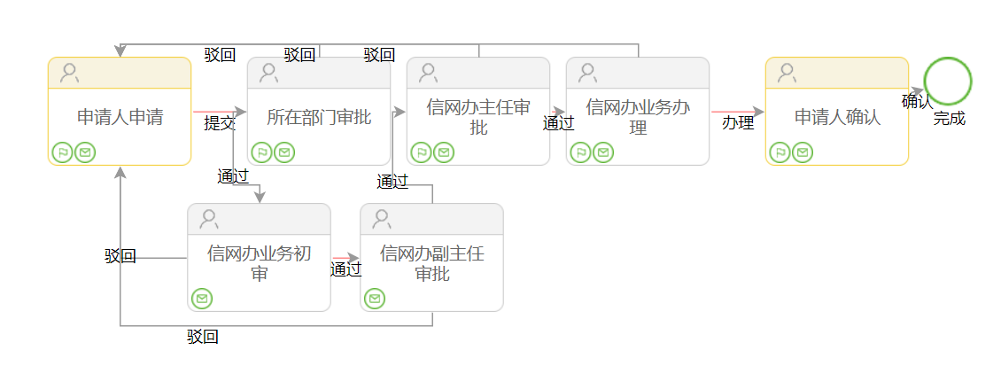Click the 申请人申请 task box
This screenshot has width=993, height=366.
point(120,117)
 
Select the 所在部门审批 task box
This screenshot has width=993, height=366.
point(319,117)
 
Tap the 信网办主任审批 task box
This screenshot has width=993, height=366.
point(478,117)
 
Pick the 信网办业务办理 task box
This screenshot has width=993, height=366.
point(638,117)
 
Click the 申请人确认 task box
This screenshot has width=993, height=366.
point(837,117)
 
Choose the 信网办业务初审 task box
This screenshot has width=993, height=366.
point(259,263)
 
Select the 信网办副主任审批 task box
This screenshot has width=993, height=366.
point(431,263)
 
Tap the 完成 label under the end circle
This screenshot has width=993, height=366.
point(949,118)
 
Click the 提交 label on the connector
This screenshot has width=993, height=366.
point(220,123)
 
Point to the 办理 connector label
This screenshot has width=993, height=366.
point(737,122)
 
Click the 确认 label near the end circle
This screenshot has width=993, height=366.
point(917,102)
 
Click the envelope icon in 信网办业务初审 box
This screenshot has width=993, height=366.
point(203,299)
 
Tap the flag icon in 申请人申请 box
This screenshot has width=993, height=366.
point(62,152)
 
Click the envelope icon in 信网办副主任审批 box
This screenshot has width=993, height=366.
point(376,299)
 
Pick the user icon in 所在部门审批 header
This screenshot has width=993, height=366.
point(268,73)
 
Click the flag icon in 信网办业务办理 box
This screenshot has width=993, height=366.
point(580,152)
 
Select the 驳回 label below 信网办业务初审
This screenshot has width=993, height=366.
point(203,337)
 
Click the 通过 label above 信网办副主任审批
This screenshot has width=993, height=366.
point(392,182)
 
